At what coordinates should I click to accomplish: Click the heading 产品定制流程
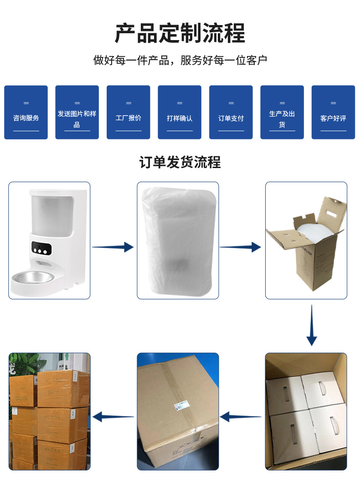coord(180,33)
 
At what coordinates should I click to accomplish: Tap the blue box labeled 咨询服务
coord(26,113)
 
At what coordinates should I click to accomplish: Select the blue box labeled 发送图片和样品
coord(77,113)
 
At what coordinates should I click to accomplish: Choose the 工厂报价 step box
coord(129,113)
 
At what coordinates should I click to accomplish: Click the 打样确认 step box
coord(180,113)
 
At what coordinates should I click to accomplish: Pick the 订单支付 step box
coord(231,113)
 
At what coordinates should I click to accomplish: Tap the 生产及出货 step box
coord(282,113)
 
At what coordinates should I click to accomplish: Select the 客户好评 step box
coord(333,113)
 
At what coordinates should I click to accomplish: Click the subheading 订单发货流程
coord(180,162)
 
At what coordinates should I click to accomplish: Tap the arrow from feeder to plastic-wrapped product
coord(113,247)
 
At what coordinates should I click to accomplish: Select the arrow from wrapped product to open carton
coord(241,247)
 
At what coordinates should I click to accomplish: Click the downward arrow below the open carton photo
coord(312,325)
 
